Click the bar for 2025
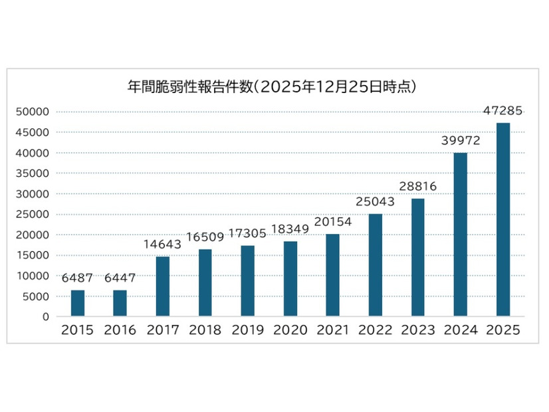point(503,219)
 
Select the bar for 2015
point(78,303)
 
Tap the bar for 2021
point(332,275)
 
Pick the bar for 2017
point(163,286)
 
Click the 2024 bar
point(461,235)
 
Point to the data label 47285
point(502,110)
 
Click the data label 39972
point(461,140)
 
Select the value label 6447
point(120,278)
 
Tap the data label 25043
point(376,201)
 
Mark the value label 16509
point(205,237)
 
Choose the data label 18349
point(290,229)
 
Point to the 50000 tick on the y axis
point(32,112)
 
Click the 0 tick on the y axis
point(46,317)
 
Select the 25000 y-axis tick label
point(32,214)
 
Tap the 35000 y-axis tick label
point(32,173)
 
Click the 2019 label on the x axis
point(248,330)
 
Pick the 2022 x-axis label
point(376,330)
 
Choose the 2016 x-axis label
point(120,330)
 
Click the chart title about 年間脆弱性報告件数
point(272,87)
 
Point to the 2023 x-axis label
point(418,330)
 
